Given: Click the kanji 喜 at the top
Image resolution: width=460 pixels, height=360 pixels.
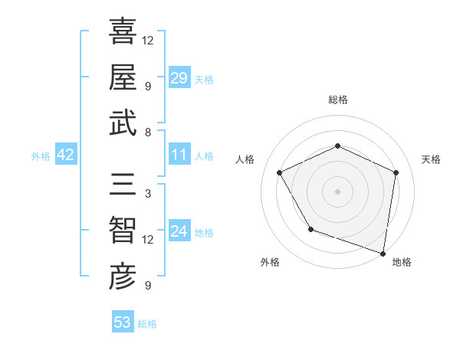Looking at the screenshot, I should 123,31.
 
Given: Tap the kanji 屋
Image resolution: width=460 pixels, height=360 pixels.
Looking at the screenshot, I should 123,77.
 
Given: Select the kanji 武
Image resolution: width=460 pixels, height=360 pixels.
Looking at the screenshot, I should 123,123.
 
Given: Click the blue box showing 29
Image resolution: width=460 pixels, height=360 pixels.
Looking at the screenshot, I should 179,77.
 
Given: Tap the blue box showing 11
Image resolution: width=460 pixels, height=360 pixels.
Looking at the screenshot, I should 179,155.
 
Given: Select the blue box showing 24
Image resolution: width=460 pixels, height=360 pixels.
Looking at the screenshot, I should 179,232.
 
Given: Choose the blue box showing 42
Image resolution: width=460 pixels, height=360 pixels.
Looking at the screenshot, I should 66,155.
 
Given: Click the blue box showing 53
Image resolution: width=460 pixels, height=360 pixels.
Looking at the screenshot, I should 123,322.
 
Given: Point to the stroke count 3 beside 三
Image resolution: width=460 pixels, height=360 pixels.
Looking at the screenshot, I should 147,194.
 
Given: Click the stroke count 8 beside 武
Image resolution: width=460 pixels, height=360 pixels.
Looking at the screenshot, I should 147,133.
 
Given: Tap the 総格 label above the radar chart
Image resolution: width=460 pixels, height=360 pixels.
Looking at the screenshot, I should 337,100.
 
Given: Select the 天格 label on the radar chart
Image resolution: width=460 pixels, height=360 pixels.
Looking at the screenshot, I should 431,159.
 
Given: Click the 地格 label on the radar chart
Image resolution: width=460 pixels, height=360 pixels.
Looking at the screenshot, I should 402,263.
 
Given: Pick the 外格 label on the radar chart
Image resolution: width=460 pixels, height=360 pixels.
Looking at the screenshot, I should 270,263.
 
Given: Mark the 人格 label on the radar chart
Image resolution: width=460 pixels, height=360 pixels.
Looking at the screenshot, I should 245,159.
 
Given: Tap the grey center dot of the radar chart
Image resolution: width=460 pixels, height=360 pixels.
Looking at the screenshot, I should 337,191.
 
